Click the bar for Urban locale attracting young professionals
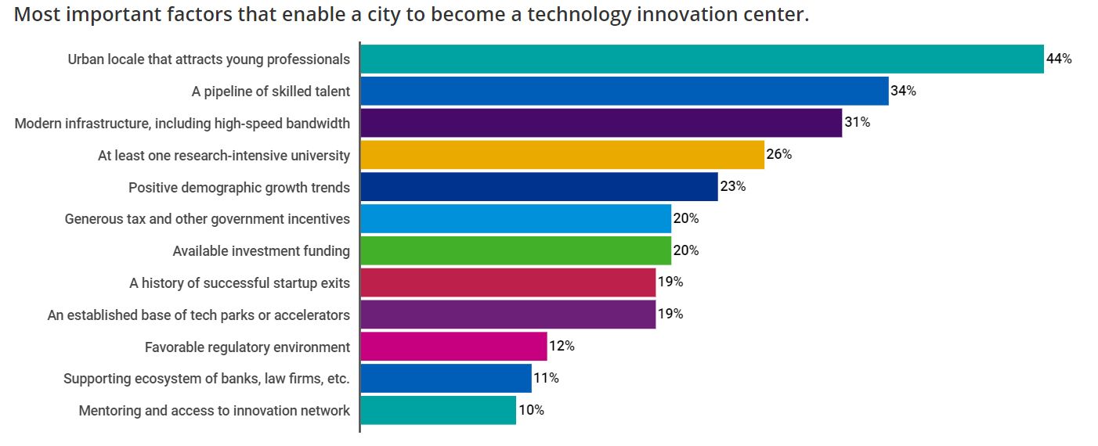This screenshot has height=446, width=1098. point(702,59)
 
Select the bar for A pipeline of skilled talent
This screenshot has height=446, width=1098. point(624,91)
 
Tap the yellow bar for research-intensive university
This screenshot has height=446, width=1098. point(562,155)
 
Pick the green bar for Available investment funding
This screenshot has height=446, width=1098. point(515,251)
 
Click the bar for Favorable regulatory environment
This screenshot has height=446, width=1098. point(453,347)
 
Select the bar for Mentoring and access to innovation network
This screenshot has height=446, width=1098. point(438,410)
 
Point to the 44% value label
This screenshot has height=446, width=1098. point(1059,59)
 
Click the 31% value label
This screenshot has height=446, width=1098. point(857,123)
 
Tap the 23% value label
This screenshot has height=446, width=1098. point(732,187)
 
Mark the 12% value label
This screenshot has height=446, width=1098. point(562,347)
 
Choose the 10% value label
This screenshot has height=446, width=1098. point(531,410)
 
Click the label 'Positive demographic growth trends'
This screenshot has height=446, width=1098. point(239,188)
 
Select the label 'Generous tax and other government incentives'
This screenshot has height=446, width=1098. point(207,219)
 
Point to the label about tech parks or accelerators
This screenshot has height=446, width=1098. point(198,315)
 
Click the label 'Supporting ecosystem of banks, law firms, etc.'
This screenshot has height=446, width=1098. point(206,379)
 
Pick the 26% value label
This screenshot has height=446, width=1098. point(779,155)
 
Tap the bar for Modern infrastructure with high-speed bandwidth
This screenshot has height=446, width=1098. point(601,123)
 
